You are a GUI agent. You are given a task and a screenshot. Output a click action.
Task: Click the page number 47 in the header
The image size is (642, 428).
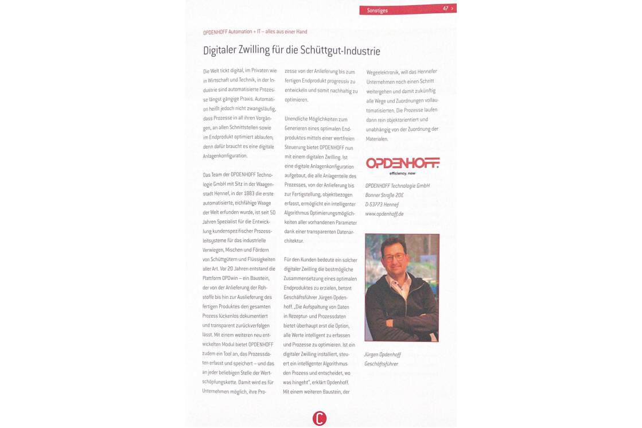445,9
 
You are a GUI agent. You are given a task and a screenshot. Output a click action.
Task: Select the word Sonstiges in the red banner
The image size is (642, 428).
378,10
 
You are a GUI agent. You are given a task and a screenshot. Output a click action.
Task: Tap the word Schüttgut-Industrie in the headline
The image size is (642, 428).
344,50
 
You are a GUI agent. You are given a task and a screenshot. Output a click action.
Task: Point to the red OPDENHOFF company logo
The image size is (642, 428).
403,163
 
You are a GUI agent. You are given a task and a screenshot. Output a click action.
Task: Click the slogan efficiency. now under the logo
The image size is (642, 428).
403,173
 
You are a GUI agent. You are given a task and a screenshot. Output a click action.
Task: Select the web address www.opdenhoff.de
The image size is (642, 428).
384,213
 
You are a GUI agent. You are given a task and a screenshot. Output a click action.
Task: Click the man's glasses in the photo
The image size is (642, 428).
395,258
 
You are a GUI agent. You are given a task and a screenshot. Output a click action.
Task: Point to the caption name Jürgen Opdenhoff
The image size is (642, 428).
383,355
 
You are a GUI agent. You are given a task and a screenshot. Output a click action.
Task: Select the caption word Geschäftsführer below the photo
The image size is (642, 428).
382,364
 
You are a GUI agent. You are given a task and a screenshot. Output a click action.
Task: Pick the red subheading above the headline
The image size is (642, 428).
255,32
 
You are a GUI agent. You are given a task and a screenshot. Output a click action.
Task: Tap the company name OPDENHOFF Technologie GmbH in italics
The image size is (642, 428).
398,186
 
